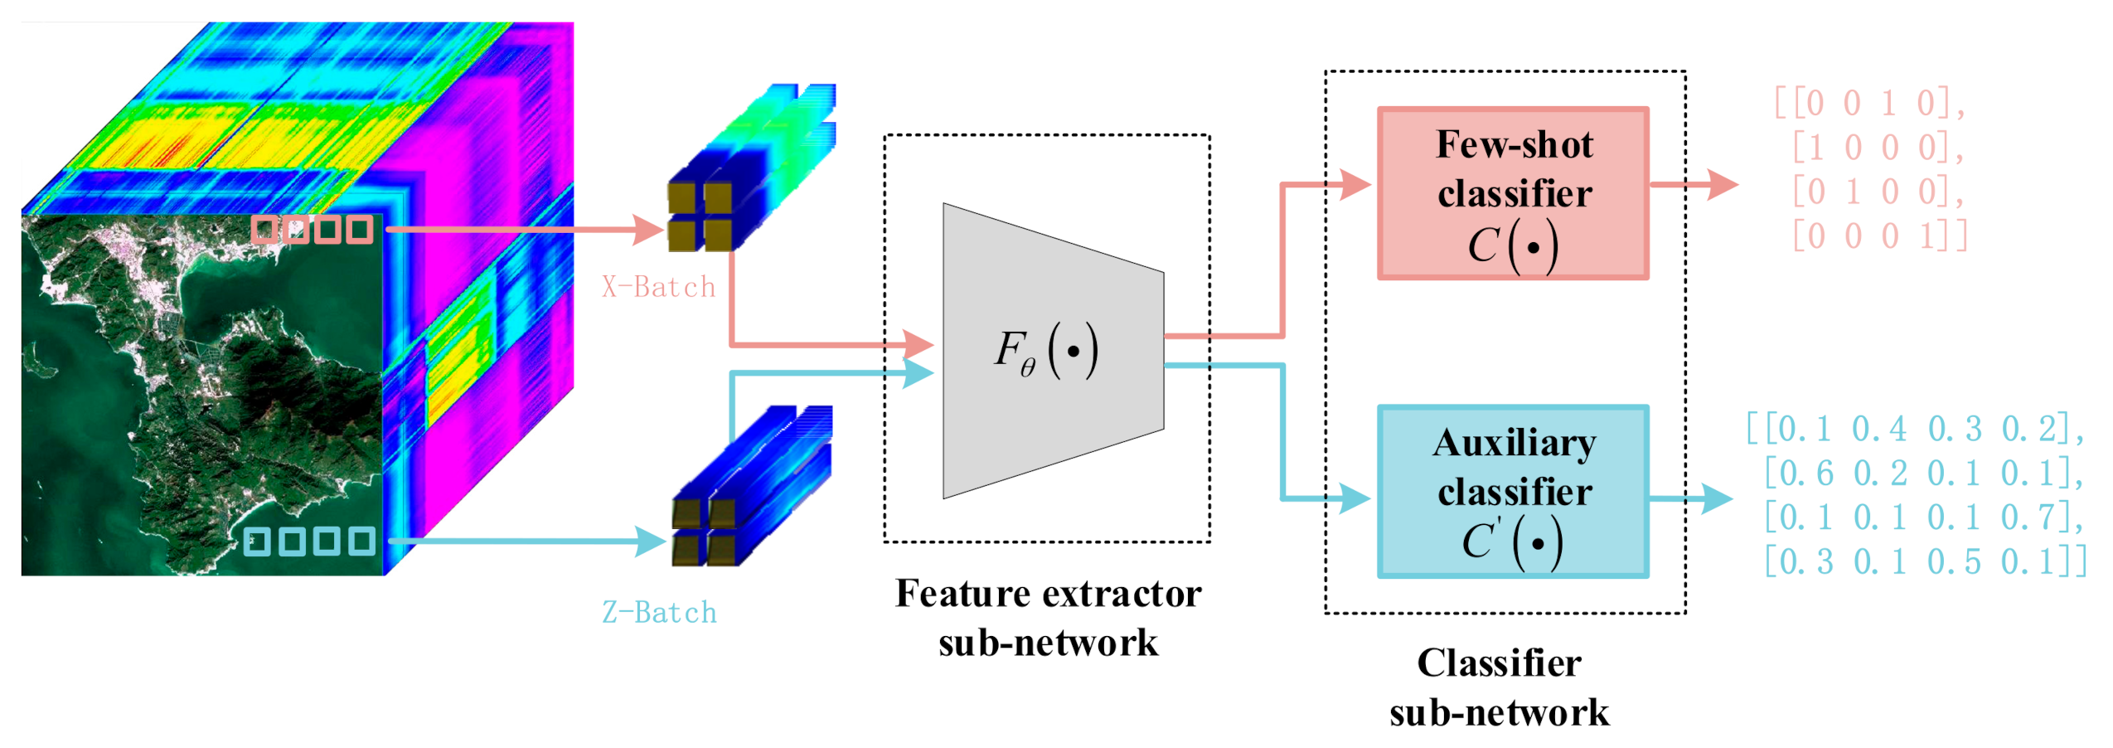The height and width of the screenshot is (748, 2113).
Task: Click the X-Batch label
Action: click(x=657, y=286)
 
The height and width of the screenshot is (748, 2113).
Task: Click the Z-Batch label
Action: click(x=658, y=612)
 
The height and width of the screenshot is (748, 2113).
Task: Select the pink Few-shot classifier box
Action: click(x=1511, y=193)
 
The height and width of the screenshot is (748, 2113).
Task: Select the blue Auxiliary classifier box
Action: click(x=1511, y=491)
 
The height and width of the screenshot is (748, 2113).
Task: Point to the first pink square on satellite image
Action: click(x=264, y=229)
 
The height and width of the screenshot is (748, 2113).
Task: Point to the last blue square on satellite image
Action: click(x=361, y=541)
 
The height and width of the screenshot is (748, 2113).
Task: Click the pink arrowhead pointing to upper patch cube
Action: click(x=647, y=229)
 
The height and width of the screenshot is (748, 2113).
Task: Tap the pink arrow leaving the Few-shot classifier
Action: click(x=1721, y=184)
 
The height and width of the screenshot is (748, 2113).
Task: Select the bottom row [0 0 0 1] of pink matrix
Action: click(x=1878, y=236)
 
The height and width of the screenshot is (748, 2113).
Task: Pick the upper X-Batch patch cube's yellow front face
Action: click(x=699, y=216)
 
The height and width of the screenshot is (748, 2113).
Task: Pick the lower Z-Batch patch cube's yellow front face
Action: click(x=703, y=532)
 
